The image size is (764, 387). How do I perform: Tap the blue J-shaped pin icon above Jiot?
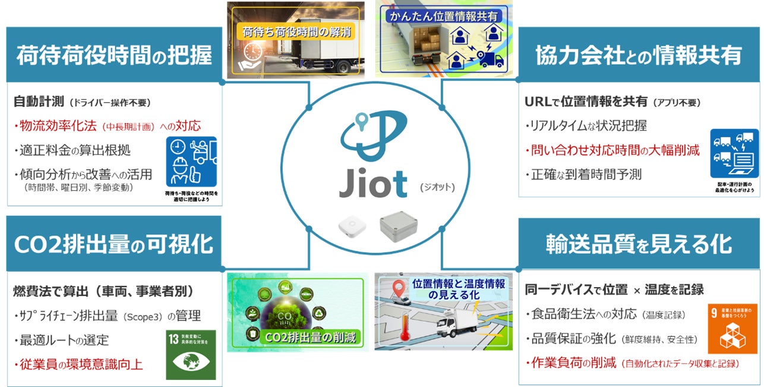pyautogui.click(x=373, y=134)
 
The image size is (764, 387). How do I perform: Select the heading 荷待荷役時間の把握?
pyautogui.click(x=113, y=55)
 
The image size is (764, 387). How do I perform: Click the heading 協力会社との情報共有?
pyautogui.click(x=639, y=55)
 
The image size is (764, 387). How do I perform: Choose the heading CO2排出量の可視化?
pyautogui.click(x=113, y=244)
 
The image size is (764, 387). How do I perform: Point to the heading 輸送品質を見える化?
pyautogui.click(x=639, y=244)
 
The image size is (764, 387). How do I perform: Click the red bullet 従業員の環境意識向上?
pyautogui.click(x=78, y=364)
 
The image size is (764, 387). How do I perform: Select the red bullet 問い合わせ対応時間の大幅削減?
pyautogui.click(x=613, y=150)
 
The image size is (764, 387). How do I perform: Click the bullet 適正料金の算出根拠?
pyautogui.click(x=71, y=150)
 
